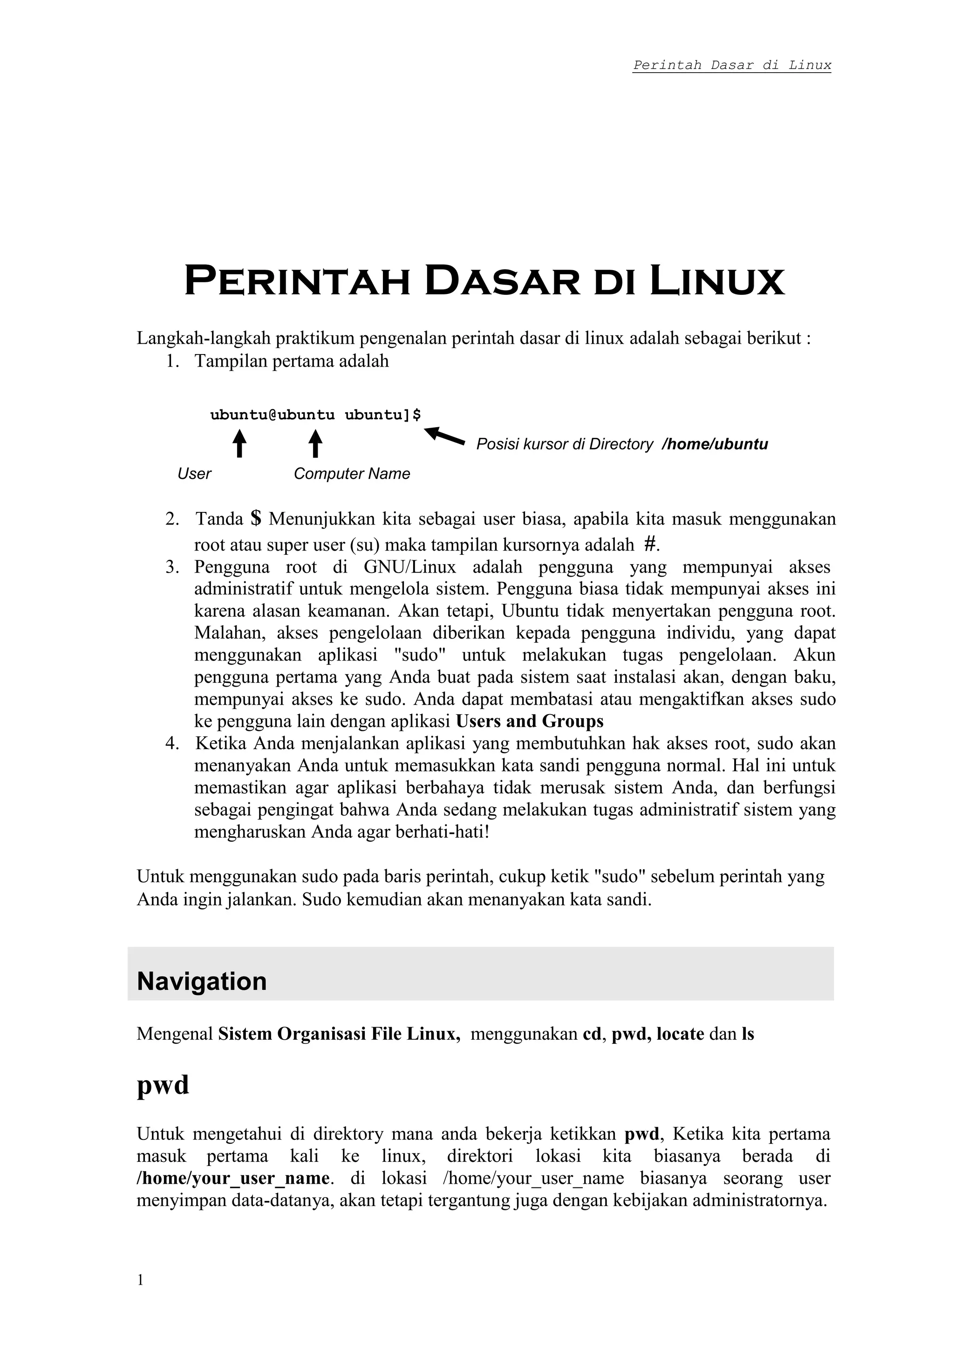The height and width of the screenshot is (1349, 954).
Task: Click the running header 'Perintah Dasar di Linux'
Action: coord(731,65)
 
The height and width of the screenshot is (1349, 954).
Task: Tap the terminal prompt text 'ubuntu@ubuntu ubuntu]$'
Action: coord(315,416)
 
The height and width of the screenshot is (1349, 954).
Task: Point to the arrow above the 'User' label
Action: coord(238,443)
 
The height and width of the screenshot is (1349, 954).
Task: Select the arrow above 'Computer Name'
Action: coord(315,443)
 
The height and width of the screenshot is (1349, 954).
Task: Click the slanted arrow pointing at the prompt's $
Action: coord(445,436)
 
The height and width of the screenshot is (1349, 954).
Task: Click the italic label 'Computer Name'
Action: coord(352,474)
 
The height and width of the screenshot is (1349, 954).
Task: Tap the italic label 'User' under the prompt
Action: coord(194,474)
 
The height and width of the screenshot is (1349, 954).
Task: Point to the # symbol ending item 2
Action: coord(649,545)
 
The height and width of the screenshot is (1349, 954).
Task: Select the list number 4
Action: coord(171,744)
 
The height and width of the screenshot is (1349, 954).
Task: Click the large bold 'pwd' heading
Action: coord(163,1084)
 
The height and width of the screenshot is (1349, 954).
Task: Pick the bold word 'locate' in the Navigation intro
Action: coord(680,1034)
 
